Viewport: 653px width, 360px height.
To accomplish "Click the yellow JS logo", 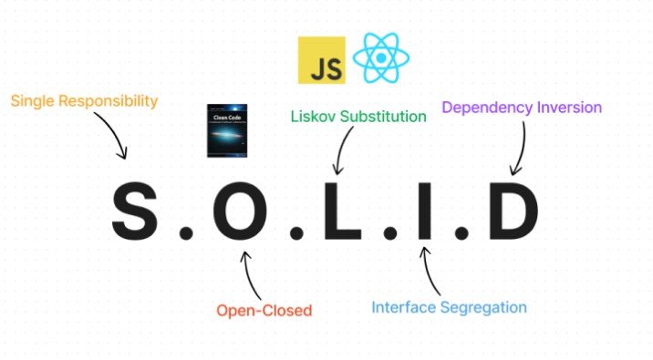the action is (321, 60).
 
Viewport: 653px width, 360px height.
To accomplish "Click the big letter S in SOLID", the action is (140, 212).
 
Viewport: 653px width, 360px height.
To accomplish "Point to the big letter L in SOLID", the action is (338, 212).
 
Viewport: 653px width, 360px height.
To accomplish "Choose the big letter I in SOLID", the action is (421, 212).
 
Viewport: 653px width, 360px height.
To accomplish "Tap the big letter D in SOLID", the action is (508, 212).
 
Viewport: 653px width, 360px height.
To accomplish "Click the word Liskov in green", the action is (314, 117).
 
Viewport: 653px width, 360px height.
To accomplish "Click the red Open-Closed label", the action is (264, 311).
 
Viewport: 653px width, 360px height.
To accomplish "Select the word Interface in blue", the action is (404, 307).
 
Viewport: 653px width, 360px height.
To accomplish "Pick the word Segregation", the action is (482, 307).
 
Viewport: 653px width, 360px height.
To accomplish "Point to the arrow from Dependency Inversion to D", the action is (521, 146).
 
